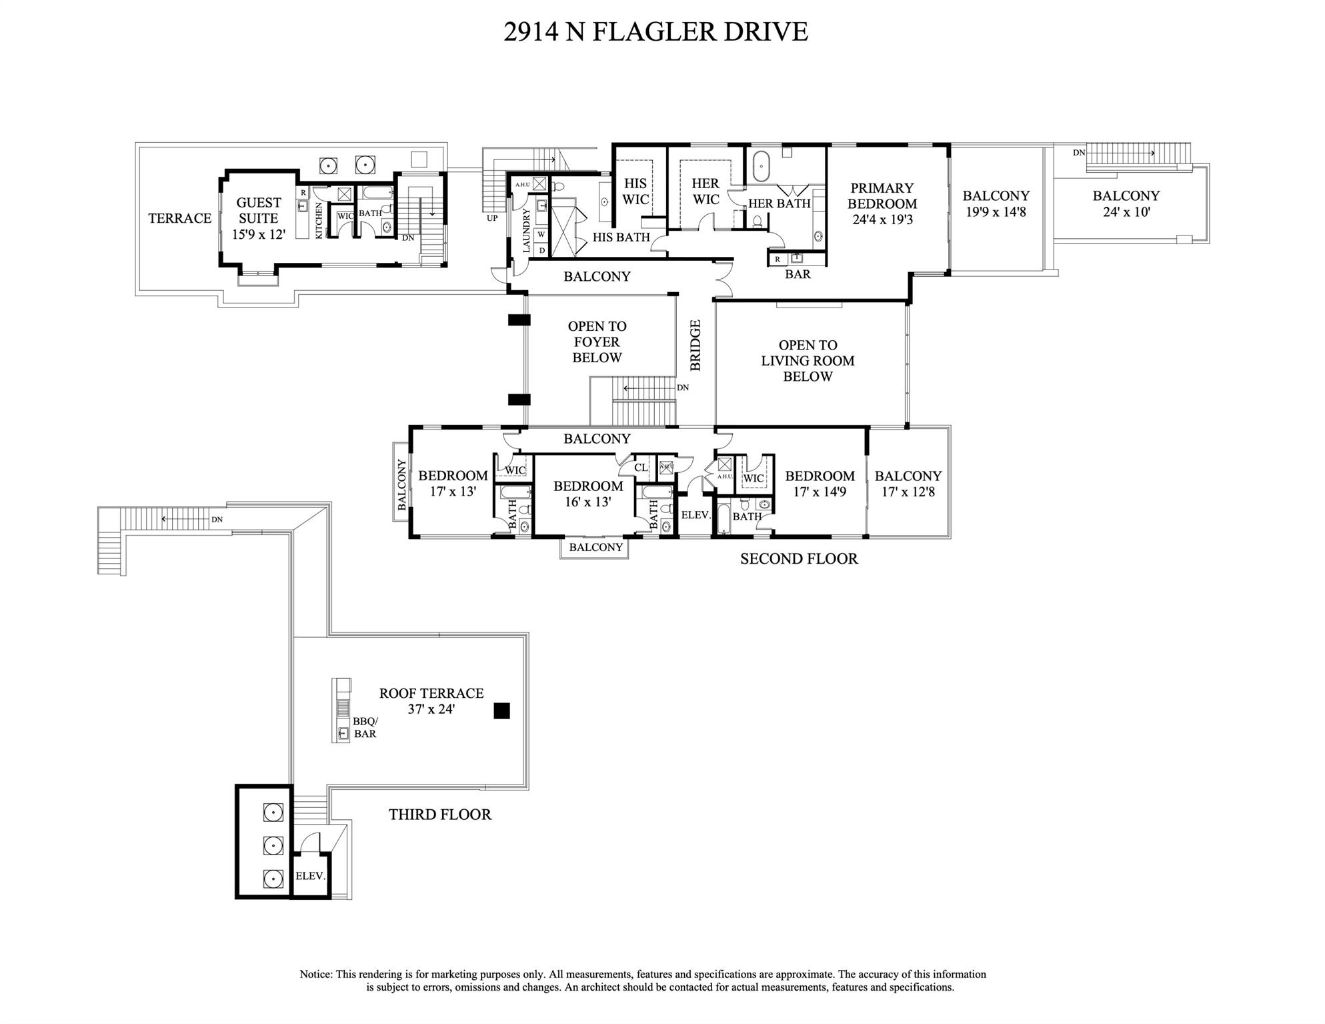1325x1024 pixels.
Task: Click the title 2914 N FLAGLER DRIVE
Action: click(x=655, y=32)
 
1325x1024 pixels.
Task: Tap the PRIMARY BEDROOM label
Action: click(x=882, y=196)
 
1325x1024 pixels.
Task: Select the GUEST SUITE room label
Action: click(x=259, y=210)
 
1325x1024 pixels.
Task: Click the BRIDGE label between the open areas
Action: click(x=696, y=345)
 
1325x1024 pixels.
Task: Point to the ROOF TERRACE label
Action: click(x=431, y=693)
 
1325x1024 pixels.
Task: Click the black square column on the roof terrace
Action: click(x=501, y=711)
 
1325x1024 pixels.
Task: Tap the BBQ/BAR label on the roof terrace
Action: click(x=365, y=727)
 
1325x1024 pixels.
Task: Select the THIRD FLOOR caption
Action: click(x=440, y=815)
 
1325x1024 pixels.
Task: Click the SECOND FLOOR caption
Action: click(x=799, y=559)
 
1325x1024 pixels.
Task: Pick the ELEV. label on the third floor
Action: click(x=310, y=876)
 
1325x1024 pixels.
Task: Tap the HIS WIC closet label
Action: click(x=635, y=191)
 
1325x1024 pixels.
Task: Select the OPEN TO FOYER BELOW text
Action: click(x=597, y=342)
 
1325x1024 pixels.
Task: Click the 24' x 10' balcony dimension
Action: click(x=1126, y=213)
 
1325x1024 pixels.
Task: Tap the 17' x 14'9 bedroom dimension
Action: click(x=820, y=492)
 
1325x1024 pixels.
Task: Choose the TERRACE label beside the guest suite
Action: click(x=179, y=218)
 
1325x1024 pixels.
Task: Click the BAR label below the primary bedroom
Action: click(x=798, y=274)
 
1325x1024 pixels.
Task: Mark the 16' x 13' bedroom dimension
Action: click(x=587, y=502)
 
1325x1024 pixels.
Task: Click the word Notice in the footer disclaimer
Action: click(x=315, y=975)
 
